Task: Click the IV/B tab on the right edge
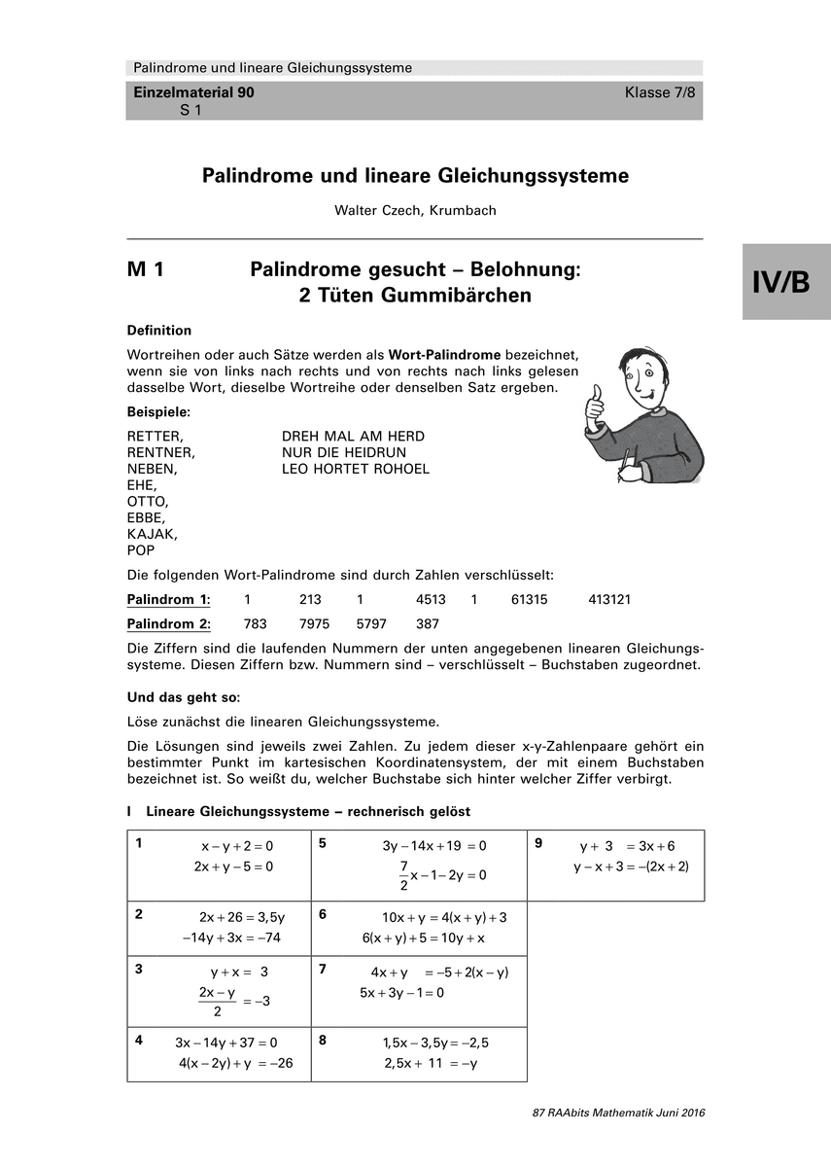tap(786, 282)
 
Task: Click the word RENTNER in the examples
tap(161, 452)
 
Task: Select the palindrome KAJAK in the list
tap(153, 534)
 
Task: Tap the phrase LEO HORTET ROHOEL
tap(355, 469)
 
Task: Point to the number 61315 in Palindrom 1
tap(529, 600)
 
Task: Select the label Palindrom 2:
tap(169, 624)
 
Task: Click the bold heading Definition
tap(159, 331)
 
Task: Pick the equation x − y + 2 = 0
tap(237, 847)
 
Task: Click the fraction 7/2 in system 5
tap(403, 874)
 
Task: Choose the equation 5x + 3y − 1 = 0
tap(401, 993)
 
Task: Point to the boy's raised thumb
tap(595, 398)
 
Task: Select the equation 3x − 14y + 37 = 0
tap(226, 1043)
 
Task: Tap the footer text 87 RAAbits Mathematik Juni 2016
tap(618, 1113)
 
